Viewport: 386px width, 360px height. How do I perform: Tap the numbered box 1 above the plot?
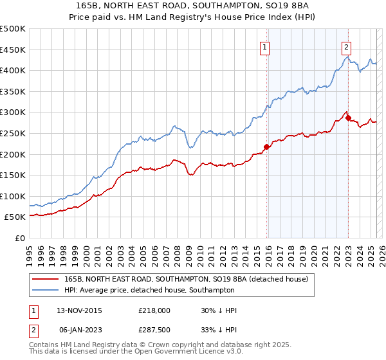click(x=265, y=46)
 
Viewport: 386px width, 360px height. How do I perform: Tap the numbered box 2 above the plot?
click(x=346, y=46)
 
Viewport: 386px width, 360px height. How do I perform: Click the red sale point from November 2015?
click(x=266, y=147)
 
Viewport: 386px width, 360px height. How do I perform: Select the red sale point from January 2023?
click(x=348, y=118)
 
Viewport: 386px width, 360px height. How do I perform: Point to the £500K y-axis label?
click(x=13, y=29)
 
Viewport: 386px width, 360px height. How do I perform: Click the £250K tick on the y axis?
click(x=13, y=133)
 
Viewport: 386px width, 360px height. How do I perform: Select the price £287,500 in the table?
click(x=154, y=330)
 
